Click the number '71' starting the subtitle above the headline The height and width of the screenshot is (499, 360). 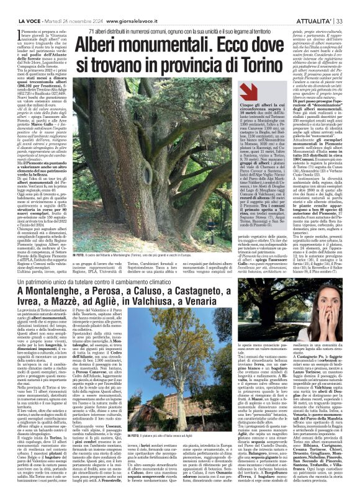[92, 14]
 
